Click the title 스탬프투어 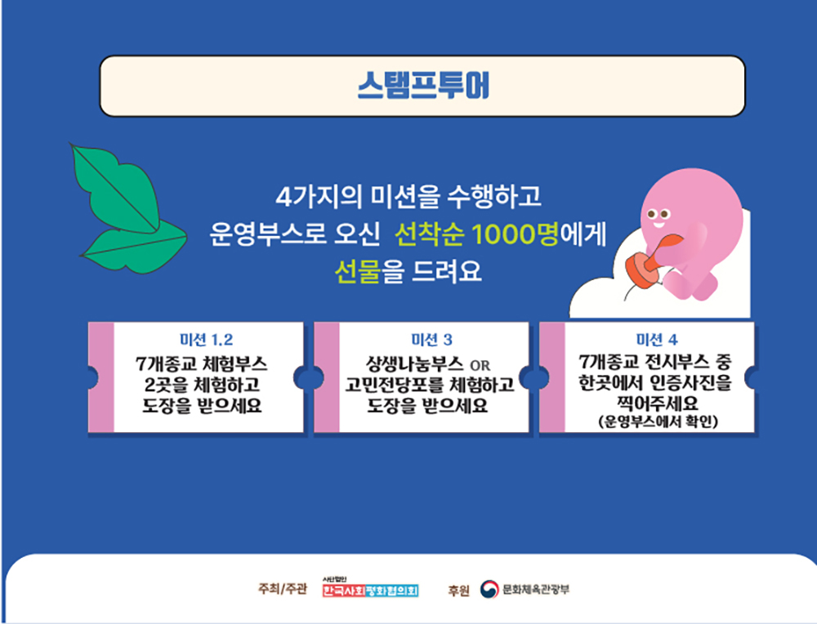tap(423, 86)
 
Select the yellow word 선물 tap(357, 271)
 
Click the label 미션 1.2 tap(207, 340)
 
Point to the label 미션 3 tap(431, 340)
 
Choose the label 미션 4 tap(657, 340)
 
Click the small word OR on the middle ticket tap(480, 365)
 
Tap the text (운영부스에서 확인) tap(658, 421)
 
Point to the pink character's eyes tap(658, 214)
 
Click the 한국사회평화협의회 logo tap(370, 588)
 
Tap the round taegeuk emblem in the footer tap(489, 589)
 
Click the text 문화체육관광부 tap(536, 589)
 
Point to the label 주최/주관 tap(283, 589)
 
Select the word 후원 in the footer tap(458, 591)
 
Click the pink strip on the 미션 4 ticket tap(552, 377)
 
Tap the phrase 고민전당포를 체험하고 tap(430, 385)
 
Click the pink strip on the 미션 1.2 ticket tap(101, 377)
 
